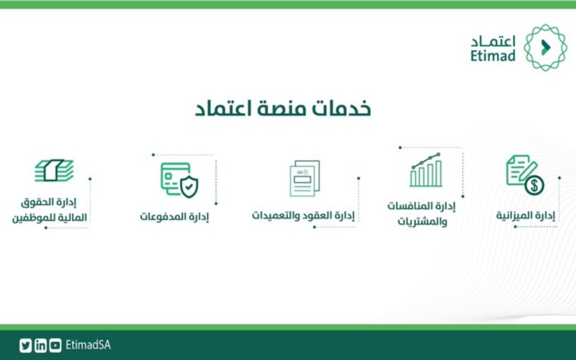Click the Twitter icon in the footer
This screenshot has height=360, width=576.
tap(25, 346)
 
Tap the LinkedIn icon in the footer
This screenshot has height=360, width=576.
tap(40, 346)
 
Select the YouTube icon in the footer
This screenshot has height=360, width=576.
tap(55, 346)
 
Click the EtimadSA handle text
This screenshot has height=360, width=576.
tap(88, 346)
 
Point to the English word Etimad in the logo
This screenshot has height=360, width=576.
tap(493, 56)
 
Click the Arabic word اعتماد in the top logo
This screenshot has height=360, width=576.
tap(493, 41)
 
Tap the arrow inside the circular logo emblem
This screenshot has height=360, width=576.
tap(546, 48)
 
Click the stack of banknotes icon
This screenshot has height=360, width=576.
tap(54, 170)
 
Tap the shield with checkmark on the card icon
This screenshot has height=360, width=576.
tap(189, 186)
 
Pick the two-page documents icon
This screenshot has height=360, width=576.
tap(305, 178)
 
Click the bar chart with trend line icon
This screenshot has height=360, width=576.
tap(426, 170)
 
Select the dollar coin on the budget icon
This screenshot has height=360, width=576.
tap(534, 185)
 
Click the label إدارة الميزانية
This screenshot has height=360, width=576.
tap(526, 215)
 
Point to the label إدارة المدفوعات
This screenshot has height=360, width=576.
tap(174, 217)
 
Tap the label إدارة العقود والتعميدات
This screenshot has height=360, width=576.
tap(303, 215)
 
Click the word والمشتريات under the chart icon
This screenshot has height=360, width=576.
tap(422, 222)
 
